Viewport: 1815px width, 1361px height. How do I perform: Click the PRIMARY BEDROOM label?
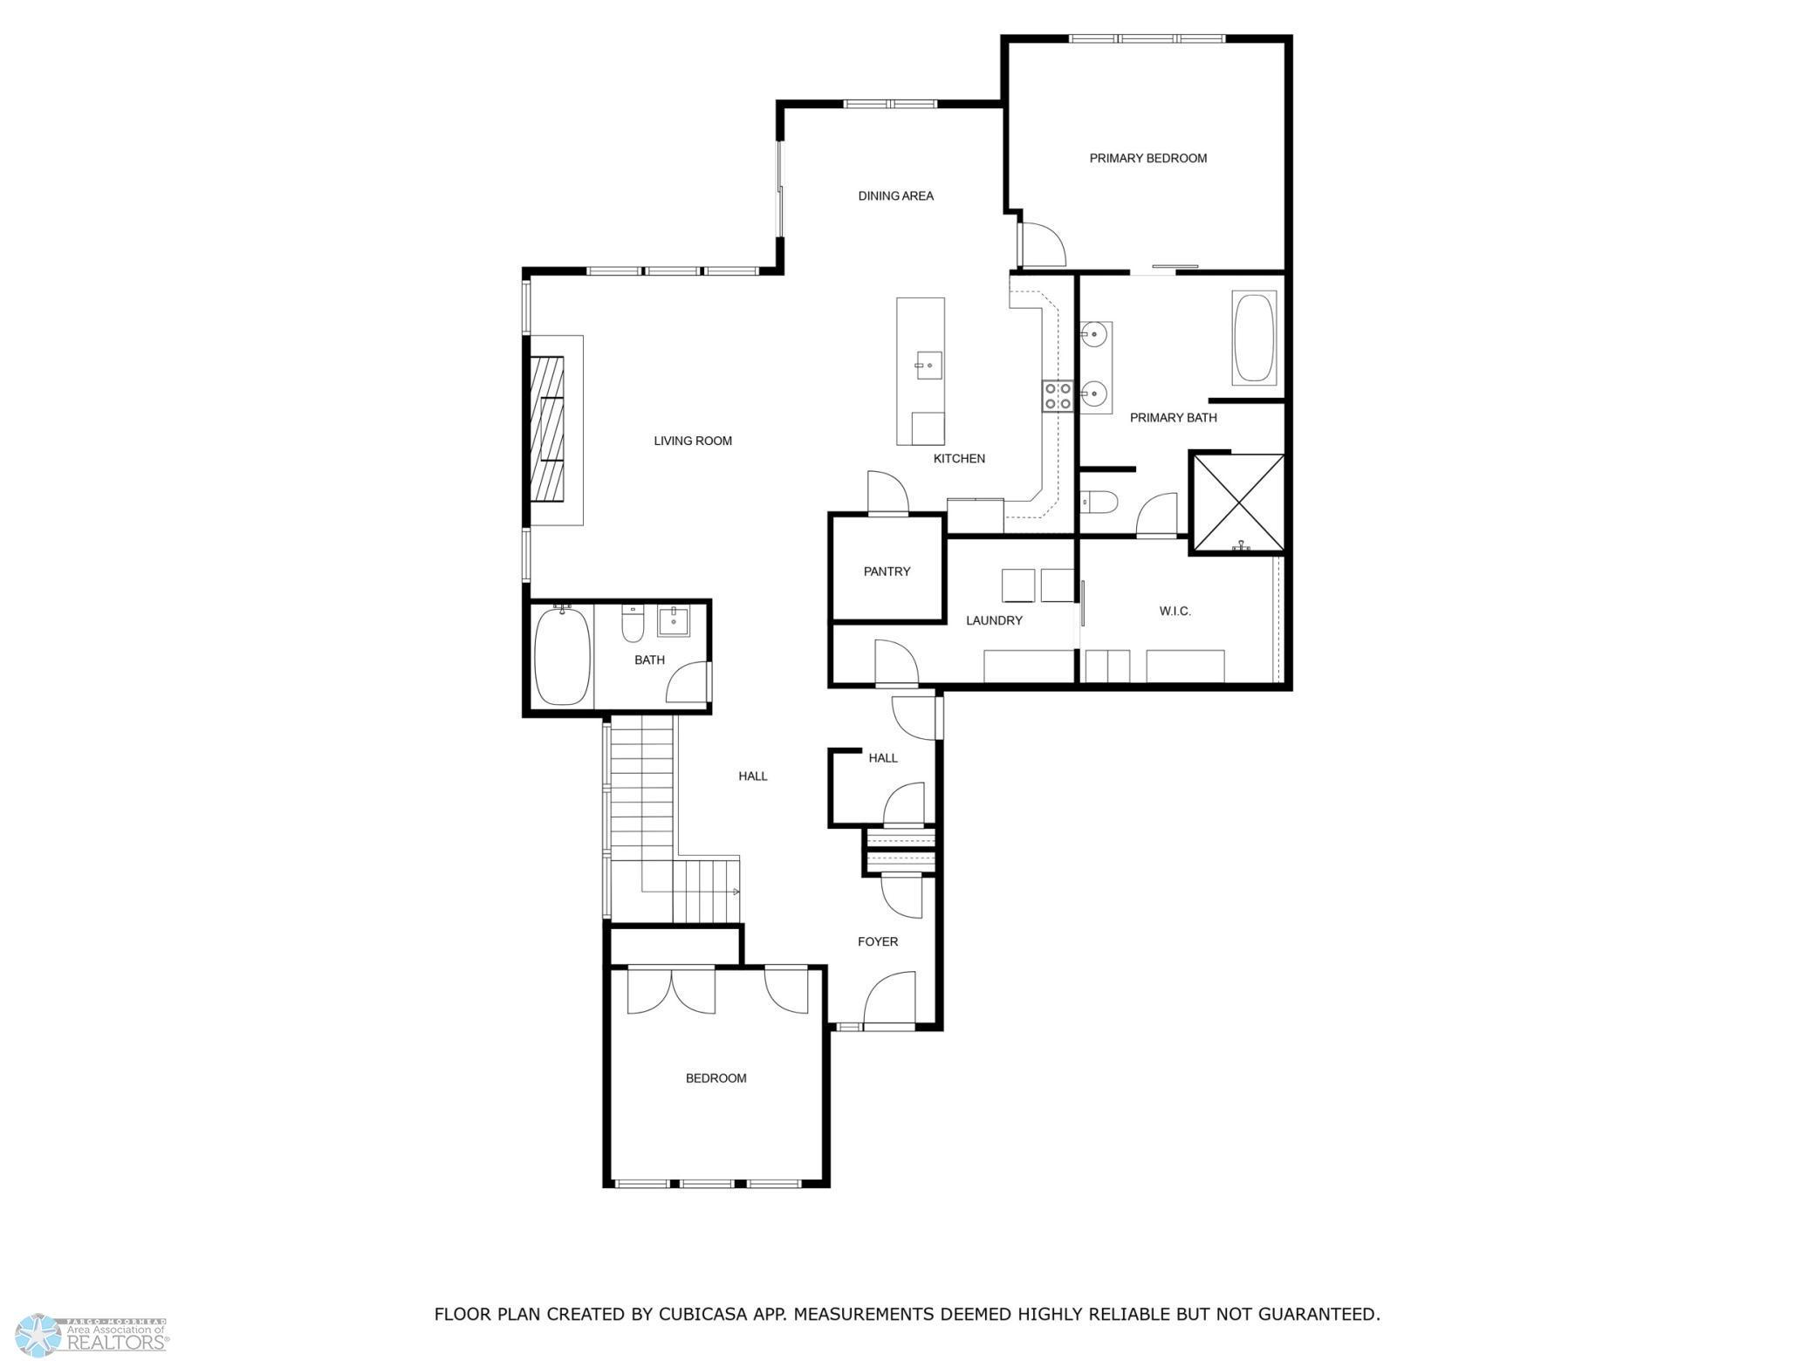tap(1147, 158)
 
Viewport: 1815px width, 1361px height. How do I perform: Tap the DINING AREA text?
tap(895, 195)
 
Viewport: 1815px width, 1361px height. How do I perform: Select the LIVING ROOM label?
tap(693, 441)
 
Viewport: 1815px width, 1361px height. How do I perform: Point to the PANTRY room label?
tap(887, 571)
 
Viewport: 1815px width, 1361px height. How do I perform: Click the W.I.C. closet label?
tap(1175, 611)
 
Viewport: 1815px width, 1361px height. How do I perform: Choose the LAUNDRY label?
tap(994, 620)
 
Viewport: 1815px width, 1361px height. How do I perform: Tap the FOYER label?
tap(877, 941)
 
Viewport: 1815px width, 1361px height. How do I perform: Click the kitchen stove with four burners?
tap(1058, 396)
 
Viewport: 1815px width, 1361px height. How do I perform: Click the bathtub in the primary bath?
tap(1254, 339)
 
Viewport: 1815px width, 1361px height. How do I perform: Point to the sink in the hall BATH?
tap(673, 621)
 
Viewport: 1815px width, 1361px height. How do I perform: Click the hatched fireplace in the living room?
tap(547, 429)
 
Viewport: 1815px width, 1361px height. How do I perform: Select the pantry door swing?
tap(887, 494)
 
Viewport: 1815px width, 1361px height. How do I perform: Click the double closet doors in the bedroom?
tap(671, 990)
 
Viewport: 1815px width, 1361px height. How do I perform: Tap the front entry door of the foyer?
tap(890, 1000)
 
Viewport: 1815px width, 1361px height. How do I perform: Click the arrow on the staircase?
tap(736, 892)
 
